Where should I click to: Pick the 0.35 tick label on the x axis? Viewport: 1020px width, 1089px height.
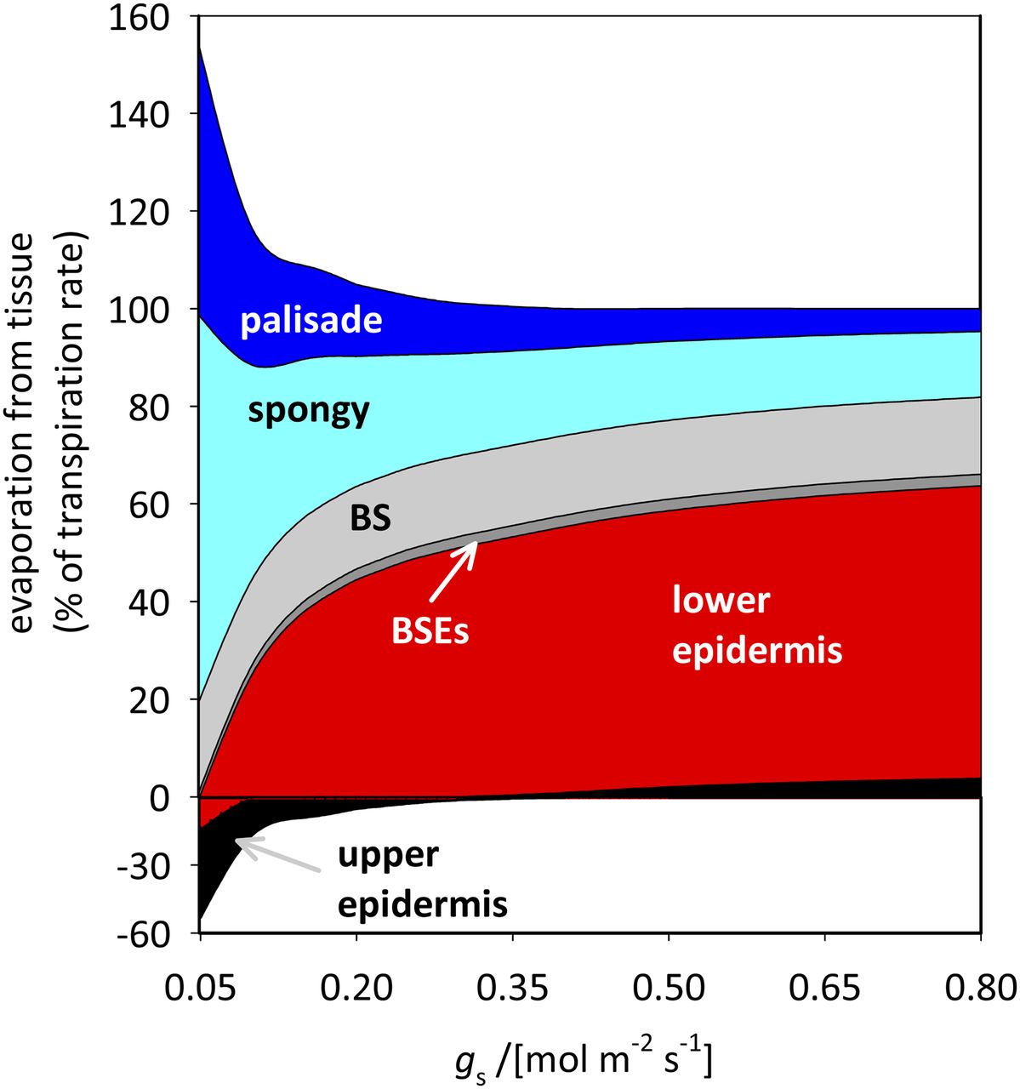(x=512, y=989)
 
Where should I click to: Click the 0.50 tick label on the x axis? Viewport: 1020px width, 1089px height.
(x=670, y=989)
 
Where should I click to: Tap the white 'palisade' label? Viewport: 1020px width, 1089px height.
(x=311, y=321)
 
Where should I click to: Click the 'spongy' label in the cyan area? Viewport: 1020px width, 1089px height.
(x=309, y=411)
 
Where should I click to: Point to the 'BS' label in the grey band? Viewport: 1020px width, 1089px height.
(x=370, y=518)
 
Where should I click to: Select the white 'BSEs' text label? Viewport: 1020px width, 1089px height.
(x=430, y=633)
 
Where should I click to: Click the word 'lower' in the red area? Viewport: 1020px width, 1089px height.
(x=721, y=601)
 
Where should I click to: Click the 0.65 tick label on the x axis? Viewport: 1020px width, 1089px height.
(x=825, y=989)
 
